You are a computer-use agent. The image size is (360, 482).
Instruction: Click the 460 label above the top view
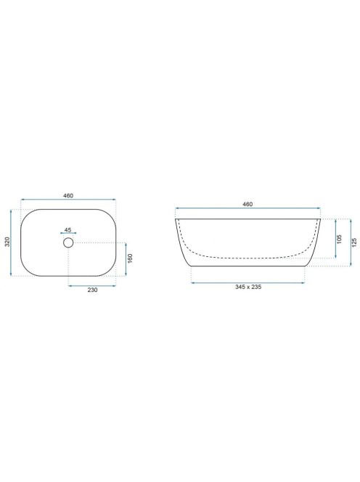coord(68,195)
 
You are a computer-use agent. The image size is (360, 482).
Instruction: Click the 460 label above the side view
coord(247,204)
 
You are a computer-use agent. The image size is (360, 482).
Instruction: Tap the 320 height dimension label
coord(7,242)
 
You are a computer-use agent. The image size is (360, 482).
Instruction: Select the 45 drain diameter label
coord(68,230)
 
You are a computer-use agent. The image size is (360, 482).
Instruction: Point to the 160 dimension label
coord(130,258)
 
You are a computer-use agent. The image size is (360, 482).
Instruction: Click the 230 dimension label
coord(92,290)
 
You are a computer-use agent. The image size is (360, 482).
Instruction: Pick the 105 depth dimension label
coord(340,239)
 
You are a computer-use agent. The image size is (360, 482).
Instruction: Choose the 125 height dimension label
coord(354,242)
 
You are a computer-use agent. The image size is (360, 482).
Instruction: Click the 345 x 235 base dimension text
coord(248,287)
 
